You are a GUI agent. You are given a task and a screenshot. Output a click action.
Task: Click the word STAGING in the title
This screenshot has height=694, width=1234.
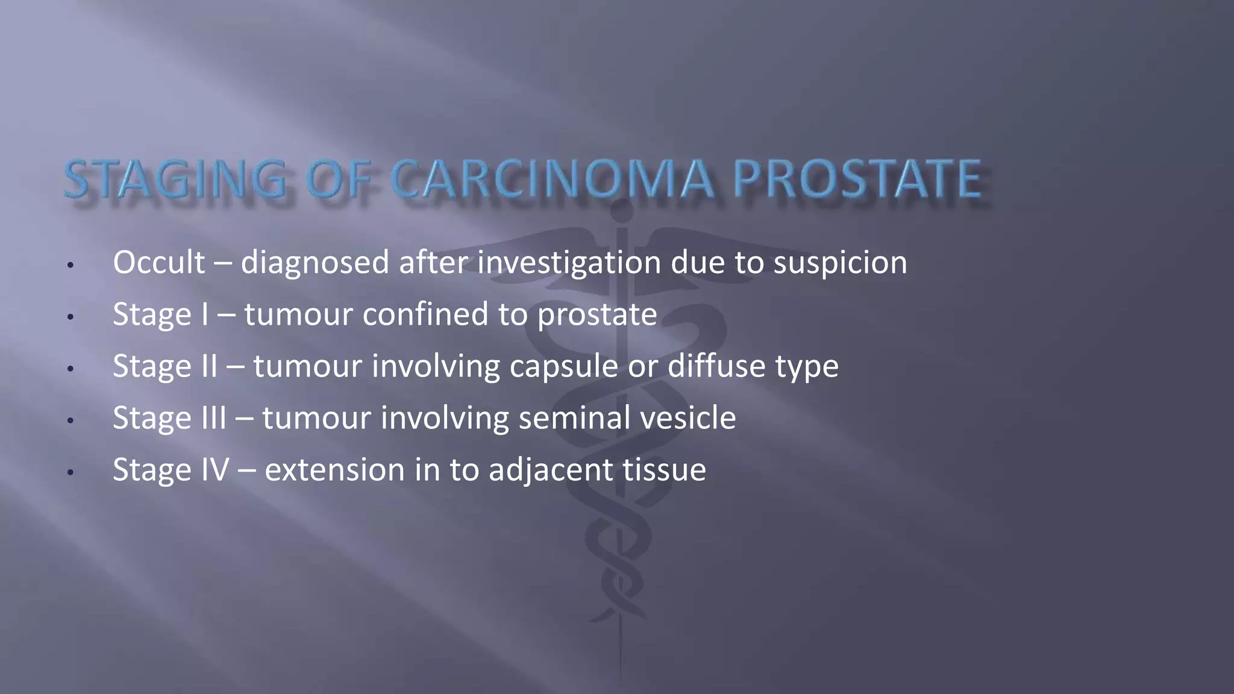[175, 179]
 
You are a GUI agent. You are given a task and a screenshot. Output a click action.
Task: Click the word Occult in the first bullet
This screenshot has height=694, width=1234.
[159, 262]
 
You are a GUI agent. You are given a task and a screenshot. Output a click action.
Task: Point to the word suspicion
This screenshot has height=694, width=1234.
[840, 263]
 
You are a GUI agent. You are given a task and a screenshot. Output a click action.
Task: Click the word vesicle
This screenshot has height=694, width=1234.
[687, 417]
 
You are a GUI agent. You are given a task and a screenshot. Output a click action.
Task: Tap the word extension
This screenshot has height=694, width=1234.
[334, 469]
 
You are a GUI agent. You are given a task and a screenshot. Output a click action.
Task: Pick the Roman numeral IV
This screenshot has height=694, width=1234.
[215, 469]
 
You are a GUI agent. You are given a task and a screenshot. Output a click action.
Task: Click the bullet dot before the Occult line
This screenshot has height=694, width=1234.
[70, 265]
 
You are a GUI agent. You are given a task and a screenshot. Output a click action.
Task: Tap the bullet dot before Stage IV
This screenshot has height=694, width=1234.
[70, 472]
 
